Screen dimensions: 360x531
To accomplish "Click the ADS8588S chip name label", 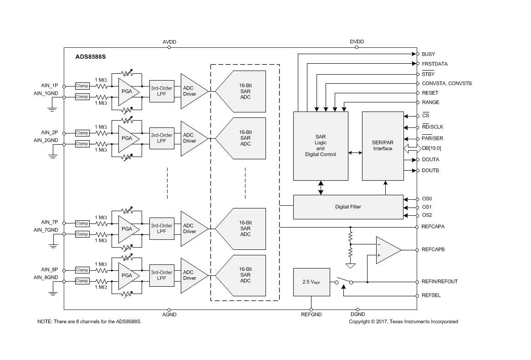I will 91,58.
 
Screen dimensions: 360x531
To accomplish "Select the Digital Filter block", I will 348,207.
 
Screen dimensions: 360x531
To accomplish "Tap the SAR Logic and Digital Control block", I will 320,146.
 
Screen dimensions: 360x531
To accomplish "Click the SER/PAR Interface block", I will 383,146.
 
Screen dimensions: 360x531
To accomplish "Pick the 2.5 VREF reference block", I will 311,282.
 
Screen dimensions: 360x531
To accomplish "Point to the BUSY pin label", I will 428,54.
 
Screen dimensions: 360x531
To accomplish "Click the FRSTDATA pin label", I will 434,64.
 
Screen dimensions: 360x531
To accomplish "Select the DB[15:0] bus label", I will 431,148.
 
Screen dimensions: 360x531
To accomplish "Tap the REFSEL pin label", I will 431,295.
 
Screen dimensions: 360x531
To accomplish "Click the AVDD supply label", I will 169,42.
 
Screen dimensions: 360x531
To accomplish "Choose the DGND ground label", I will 358,314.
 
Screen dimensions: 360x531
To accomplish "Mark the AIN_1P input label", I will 49,86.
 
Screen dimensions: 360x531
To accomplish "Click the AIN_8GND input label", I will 46,277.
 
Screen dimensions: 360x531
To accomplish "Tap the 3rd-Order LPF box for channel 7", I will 162,228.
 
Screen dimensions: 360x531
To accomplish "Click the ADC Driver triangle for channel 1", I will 189,91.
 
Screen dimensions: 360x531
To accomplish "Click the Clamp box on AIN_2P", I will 82,133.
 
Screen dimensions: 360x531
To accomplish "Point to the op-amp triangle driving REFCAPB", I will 387,250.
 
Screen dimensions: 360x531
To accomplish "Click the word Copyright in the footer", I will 361,322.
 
